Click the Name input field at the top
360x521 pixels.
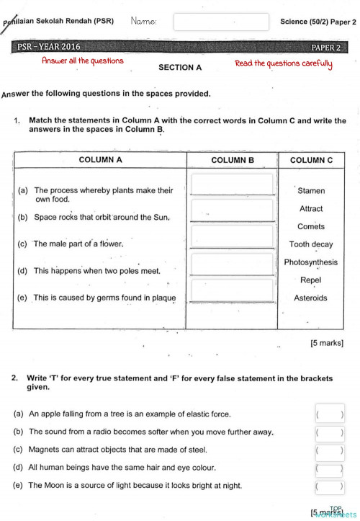click(x=221, y=22)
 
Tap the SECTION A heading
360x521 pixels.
click(x=179, y=67)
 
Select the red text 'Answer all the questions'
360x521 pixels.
click(x=82, y=61)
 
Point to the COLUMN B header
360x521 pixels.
click(x=232, y=160)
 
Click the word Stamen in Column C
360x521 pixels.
click(x=311, y=191)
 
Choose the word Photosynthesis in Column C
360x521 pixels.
click(x=310, y=262)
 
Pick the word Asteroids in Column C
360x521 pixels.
click(x=310, y=298)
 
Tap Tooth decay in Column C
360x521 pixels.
click(x=311, y=244)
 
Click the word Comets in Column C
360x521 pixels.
click(x=311, y=226)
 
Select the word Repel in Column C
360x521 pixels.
click(x=311, y=280)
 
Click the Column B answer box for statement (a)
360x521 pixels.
click(x=232, y=184)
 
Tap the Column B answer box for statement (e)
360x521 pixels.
click(x=232, y=291)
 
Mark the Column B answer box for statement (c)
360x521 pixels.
click(x=232, y=237)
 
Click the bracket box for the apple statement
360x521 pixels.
click(x=330, y=414)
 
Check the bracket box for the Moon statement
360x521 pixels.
click(x=330, y=488)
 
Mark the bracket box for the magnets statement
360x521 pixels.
click(x=330, y=451)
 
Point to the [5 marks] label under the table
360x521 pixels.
click(x=326, y=343)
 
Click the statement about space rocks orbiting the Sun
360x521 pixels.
click(x=102, y=217)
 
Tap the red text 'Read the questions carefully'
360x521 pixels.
click(x=284, y=63)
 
